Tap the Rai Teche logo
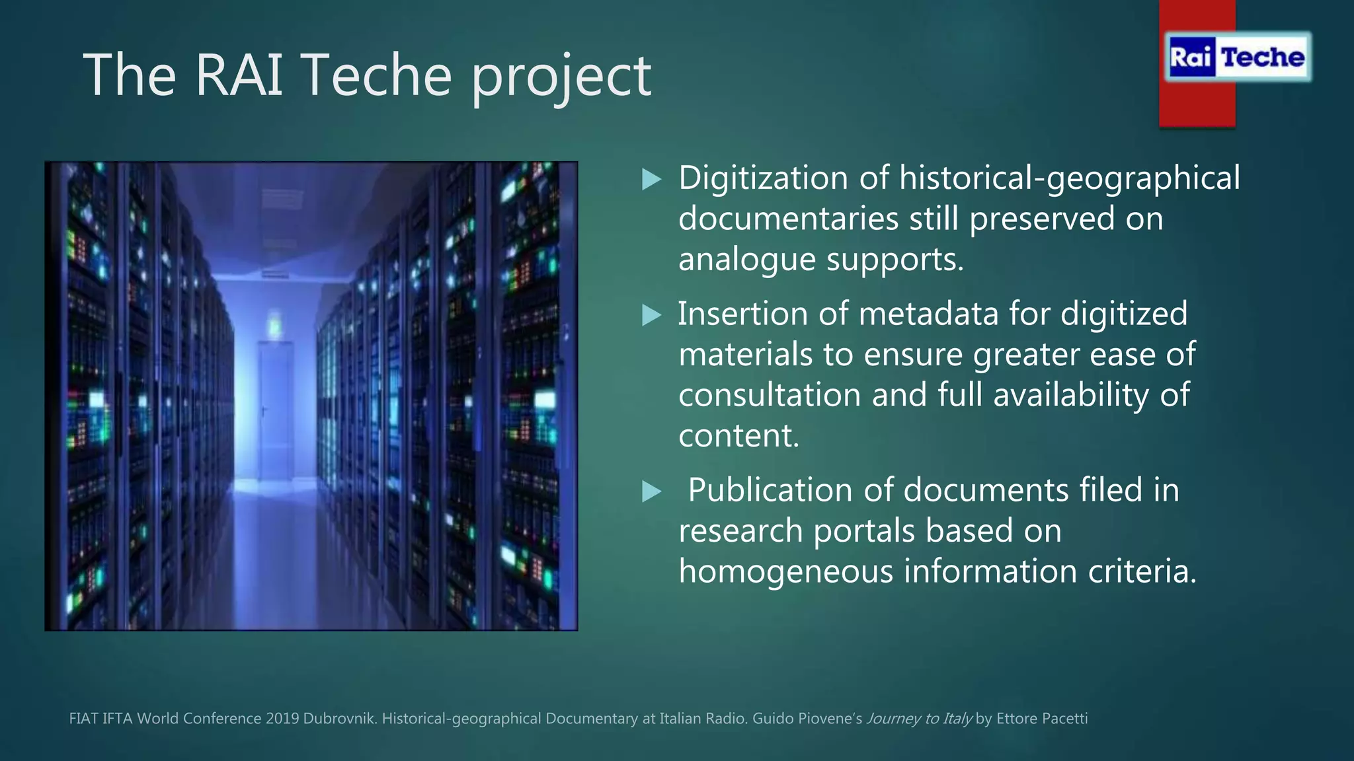coord(1237,57)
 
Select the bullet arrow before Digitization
coord(651,179)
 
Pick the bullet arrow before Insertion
coord(651,315)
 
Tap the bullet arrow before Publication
coord(651,491)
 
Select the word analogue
coord(747,260)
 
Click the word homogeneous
coord(785,571)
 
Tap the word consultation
coord(770,395)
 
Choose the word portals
coord(863,531)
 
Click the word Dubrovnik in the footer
coord(340,719)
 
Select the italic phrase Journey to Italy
coord(919,719)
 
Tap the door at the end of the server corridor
coord(275,410)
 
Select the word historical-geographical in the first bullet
coord(1069,178)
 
